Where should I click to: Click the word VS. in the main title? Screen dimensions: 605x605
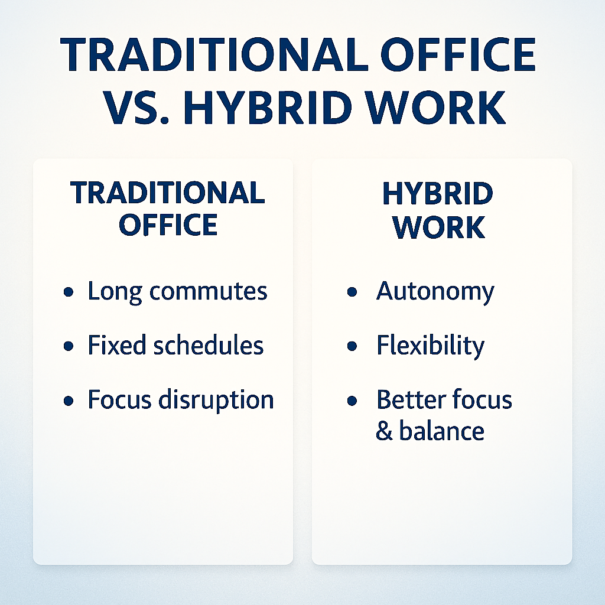[x=136, y=108]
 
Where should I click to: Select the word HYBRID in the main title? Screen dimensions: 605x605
[x=268, y=108]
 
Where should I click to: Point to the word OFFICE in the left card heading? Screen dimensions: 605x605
[x=168, y=225]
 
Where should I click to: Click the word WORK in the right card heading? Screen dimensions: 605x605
[x=438, y=227]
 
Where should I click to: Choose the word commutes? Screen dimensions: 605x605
[x=209, y=292]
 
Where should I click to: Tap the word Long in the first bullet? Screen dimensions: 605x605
[x=115, y=292]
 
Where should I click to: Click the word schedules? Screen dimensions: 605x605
[x=209, y=344]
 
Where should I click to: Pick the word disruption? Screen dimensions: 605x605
[x=216, y=400]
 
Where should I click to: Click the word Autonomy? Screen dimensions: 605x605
[x=435, y=292]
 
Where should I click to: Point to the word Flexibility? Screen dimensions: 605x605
[x=430, y=346]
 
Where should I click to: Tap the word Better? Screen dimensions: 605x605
[x=411, y=399]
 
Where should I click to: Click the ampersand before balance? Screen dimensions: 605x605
[x=384, y=431]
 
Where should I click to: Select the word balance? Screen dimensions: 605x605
[x=441, y=430]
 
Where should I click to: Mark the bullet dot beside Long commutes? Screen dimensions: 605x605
[x=69, y=292]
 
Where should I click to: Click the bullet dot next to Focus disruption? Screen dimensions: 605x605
[x=69, y=401]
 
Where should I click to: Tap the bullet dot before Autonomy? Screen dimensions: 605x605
[x=352, y=292]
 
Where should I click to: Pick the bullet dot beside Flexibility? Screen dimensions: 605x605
[x=352, y=346]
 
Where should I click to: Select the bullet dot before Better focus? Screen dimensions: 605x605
[x=352, y=401]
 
